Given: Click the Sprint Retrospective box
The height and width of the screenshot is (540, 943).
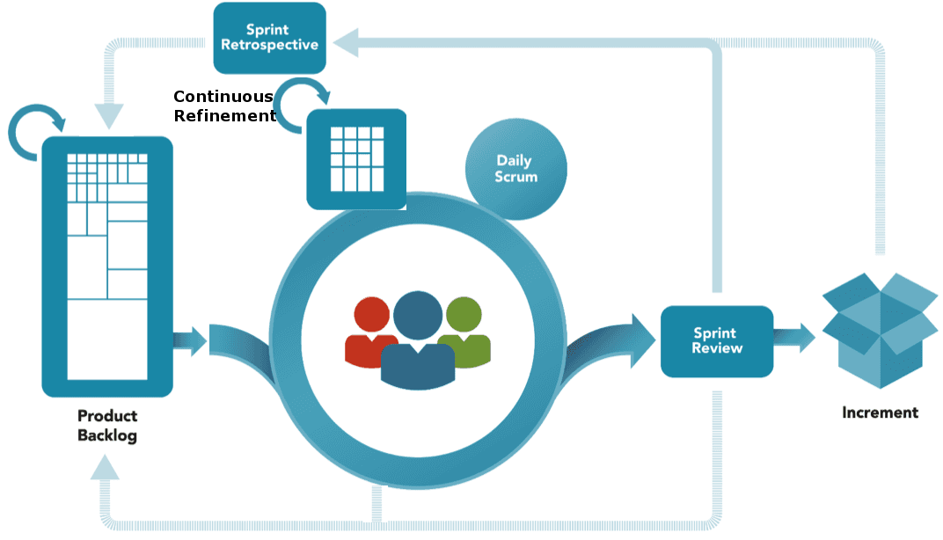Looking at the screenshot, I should coord(269,38).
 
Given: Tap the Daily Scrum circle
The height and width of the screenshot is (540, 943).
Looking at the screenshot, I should coord(515,169).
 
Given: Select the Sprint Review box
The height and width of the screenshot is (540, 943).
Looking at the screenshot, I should coord(717,341).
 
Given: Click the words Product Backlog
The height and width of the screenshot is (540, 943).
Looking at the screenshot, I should coord(107,426).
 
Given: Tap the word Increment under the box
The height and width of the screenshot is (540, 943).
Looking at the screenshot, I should coord(880,412).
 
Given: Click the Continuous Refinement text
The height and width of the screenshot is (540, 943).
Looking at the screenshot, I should coord(223,106).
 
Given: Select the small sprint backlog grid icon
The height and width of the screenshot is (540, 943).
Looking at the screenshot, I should coord(356,159).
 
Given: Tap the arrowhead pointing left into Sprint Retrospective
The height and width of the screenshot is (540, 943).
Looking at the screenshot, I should coord(345,41).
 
